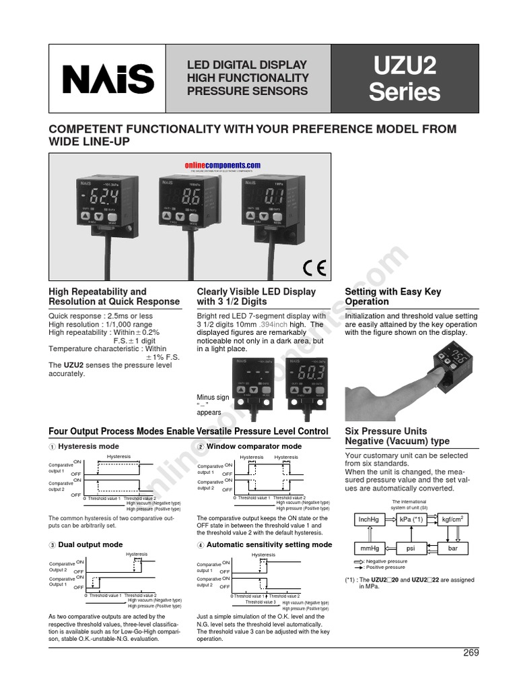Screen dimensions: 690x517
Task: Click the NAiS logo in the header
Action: tap(108, 79)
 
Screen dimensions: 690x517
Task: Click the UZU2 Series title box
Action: tap(405, 79)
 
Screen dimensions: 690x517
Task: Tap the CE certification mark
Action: tap(314, 268)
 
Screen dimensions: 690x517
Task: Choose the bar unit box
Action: tap(453, 548)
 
